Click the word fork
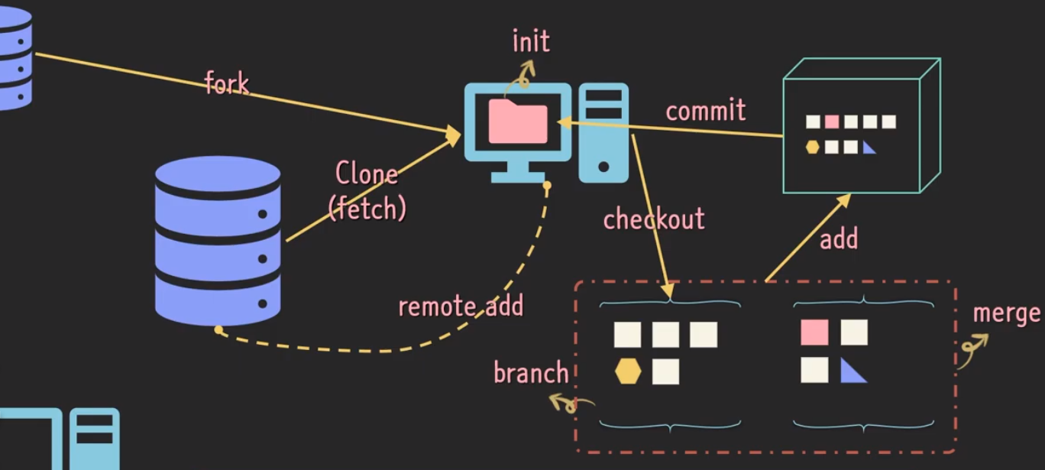click(x=227, y=83)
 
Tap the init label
click(x=530, y=41)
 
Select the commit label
click(x=705, y=111)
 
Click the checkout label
click(x=653, y=219)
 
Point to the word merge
click(x=1007, y=313)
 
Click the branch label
click(x=531, y=373)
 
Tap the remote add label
click(x=461, y=306)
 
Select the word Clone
click(x=367, y=174)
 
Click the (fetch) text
click(x=367, y=208)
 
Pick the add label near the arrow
click(x=839, y=239)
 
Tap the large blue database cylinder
click(x=218, y=241)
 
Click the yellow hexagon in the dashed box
click(x=628, y=371)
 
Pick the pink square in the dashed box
click(x=814, y=332)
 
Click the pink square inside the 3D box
click(x=832, y=122)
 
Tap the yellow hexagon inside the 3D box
click(x=812, y=147)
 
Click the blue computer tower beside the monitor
click(x=603, y=132)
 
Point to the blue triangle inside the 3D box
click(x=869, y=147)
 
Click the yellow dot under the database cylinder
click(x=218, y=330)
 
